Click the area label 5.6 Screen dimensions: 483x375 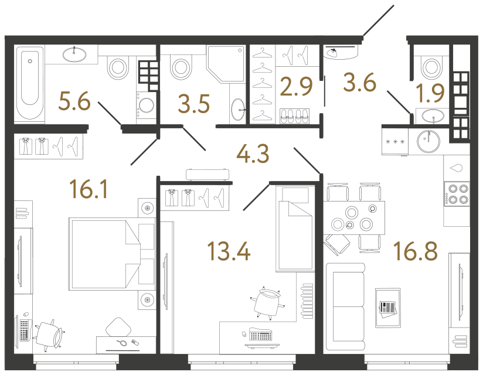tap(74, 101)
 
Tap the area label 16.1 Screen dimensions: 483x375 tap(89, 189)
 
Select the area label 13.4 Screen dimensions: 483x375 tap(229, 251)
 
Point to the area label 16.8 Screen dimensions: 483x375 tap(416, 251)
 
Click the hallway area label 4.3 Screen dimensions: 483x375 tap(253, 154)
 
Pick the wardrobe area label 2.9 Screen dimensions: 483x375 tap(296, 86)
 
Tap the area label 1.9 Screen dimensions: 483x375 tap(430, 93)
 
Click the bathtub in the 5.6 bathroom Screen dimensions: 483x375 tap(29, 83)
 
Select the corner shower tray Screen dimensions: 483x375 tap(226, 64)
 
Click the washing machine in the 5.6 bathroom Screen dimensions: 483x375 tap(146, 105)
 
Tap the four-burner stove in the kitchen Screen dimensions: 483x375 tap(457, 194)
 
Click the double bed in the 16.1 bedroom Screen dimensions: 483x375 tap(105, 254)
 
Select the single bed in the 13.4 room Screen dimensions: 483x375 tap(295, 228)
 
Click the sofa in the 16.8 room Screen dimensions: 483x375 tap(345, 306)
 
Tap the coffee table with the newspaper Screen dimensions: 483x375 tap(388, 308)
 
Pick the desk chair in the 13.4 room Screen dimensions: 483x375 tap(267, 303)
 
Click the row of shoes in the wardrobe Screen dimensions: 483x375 tap(294, 117)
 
